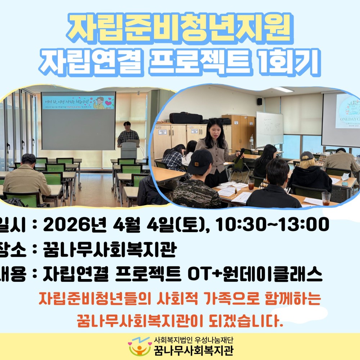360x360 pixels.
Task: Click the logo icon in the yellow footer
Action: (139, 346)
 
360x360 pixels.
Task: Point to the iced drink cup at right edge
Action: (326, 198)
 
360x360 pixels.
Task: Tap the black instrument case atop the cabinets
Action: (186, 118)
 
